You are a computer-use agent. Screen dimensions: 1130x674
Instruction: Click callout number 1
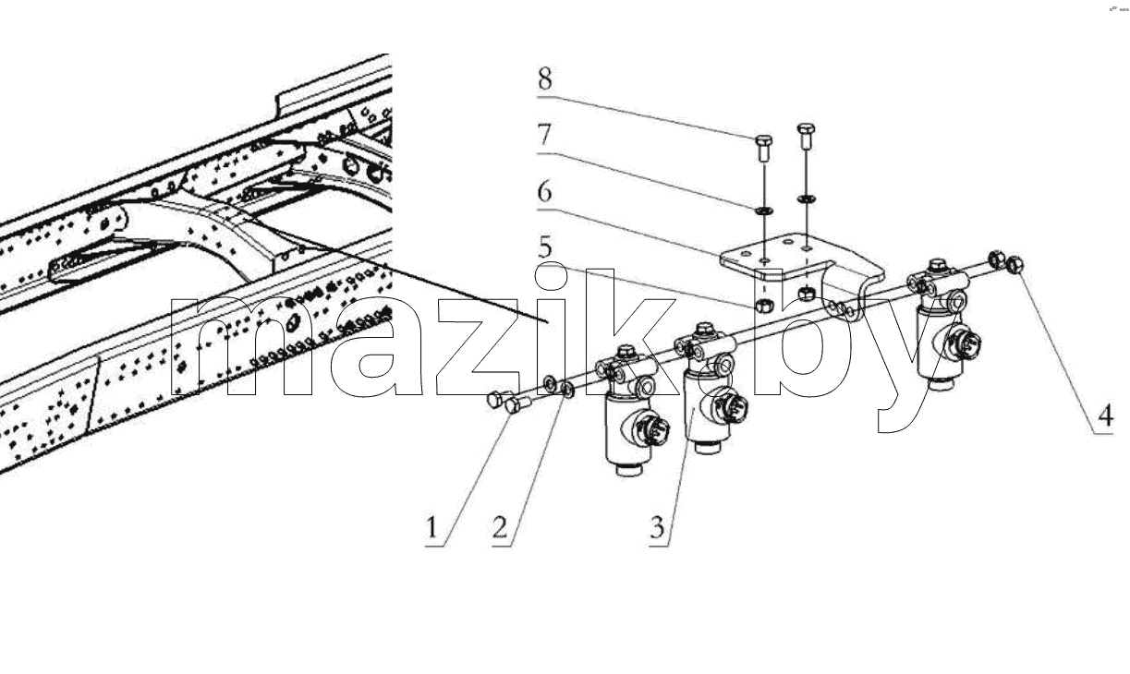click(x=431, y=528)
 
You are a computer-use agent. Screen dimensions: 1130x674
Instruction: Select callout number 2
click(x=500, y=528)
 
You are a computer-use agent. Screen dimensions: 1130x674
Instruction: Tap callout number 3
click(x=657, y=528)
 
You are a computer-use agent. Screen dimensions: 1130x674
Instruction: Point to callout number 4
click(x=1105, y=415)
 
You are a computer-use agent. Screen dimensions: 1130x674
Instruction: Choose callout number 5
click(x=545, y=247)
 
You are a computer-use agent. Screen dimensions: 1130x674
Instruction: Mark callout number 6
click(x=545, y=192)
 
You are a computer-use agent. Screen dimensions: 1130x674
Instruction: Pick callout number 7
click(x=545, y=135)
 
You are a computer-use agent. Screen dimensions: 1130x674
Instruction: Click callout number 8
click(x=545, y=78)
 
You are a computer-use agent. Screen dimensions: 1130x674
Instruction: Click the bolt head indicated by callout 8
click(x=764, y=140)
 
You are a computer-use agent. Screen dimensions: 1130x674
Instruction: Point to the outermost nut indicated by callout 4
click(x=1015, y=264)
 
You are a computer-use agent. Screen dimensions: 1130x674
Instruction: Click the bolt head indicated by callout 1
click(x=512, y=406)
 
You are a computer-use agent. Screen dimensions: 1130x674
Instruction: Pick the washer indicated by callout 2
click(x=567, y=390)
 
